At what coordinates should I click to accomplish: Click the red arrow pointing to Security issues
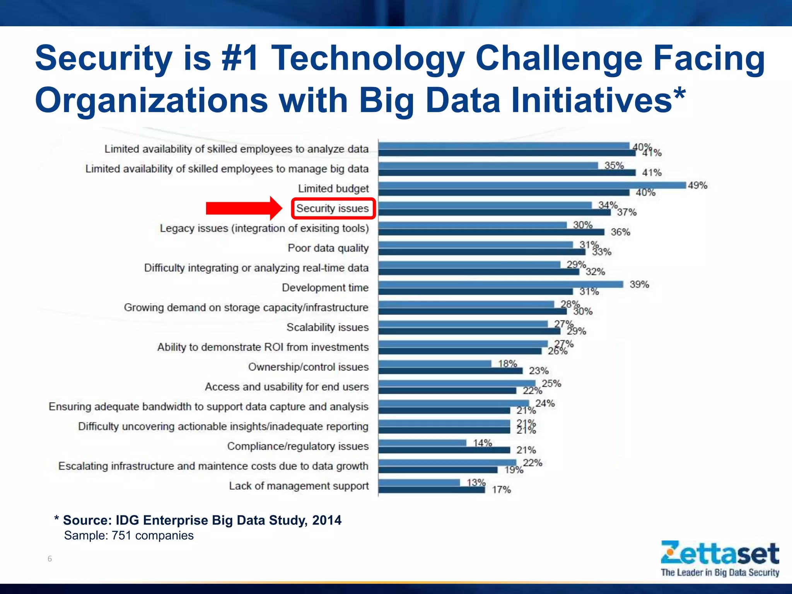[244, 208]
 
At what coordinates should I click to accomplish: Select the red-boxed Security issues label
[333, 208]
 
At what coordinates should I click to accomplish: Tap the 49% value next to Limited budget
[697, 186]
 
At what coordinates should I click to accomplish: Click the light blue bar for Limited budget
[532, 185]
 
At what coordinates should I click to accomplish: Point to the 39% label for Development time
[639, 285]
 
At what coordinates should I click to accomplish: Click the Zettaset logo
[720, 554]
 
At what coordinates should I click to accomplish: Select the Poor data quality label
[328, 248]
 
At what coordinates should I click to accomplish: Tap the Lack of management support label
[299, 486]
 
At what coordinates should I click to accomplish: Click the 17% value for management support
[501, 490]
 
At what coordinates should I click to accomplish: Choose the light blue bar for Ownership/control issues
[435, 364]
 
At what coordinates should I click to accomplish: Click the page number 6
[49, 558]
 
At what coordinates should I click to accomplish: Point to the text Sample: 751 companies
[129, 536]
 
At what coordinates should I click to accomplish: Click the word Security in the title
[104, 58]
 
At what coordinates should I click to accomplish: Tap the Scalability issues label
[328, 327]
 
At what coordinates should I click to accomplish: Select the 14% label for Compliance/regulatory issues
[482, 443]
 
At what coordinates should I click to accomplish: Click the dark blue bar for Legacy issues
[491, 232]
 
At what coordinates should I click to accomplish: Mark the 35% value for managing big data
[614, 166]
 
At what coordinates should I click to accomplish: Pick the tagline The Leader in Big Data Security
[720, 573]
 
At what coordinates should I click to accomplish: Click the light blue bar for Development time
[500, 284]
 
